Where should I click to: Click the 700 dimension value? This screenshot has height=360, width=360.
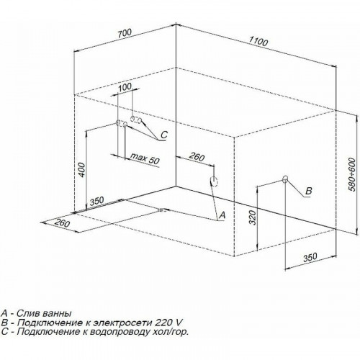point(125,33)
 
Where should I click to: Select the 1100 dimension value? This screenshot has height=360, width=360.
point(258,41)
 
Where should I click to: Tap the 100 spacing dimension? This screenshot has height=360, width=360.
point(125,87)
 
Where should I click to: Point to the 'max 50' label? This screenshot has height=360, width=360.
point(145,158)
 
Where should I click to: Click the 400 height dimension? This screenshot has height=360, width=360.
point(82,170)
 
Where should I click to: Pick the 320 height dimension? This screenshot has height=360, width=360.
point(253,217)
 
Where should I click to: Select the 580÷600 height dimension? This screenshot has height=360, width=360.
point(352,174)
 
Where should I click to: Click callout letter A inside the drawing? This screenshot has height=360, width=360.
point(222,215)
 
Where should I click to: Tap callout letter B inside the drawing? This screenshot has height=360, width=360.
point(308,191)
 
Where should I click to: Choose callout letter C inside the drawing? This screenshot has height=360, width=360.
point(164,135)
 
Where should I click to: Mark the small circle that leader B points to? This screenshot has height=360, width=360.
point(285,179)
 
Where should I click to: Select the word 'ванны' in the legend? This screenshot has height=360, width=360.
point(57,314)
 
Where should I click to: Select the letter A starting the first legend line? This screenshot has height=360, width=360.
point(4,313)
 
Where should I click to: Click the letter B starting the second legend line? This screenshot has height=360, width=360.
point(4,323)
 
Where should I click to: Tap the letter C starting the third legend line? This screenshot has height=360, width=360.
point(4,331)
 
